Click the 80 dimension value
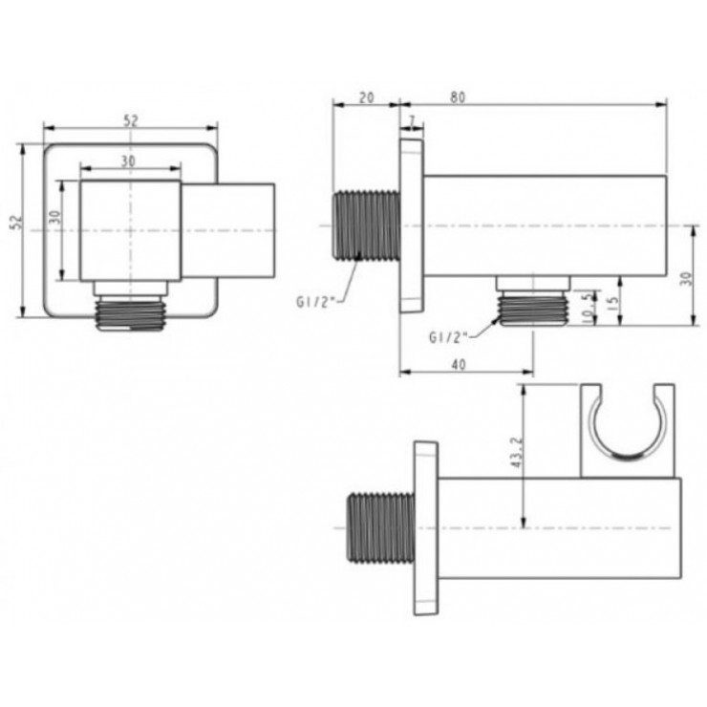click(458, 97)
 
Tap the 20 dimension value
click(367, 97)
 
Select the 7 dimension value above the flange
click(412, 120)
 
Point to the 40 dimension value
click(458, 364)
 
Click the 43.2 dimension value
click(517, 452)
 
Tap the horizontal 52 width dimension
click(130, 120)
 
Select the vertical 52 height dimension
click(16, 222)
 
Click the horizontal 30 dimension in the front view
click(129, 161)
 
